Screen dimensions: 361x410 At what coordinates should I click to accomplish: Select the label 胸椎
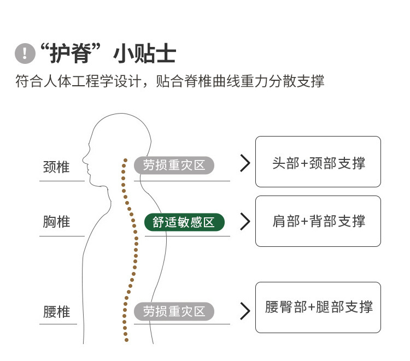point(56,222)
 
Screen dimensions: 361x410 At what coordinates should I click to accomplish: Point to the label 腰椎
point(56,312)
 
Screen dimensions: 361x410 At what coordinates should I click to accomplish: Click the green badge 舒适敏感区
point(184,222)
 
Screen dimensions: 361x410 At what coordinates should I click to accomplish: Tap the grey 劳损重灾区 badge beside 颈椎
point(174,165)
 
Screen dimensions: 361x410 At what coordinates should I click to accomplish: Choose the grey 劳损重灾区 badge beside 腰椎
point(174,312)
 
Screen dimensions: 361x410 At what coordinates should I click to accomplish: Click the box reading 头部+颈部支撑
point(318,162)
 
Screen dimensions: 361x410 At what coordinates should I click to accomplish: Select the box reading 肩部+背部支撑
point(318,221)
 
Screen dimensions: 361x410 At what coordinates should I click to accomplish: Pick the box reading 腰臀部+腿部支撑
point(318,307)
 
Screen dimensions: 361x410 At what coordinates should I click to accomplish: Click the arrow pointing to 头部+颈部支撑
point(245,163)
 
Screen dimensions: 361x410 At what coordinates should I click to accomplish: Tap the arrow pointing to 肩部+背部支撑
point(245,222)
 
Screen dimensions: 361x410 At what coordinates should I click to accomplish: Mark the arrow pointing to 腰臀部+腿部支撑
point(245,311)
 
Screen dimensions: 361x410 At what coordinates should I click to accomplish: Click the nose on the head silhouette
point(84,160)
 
